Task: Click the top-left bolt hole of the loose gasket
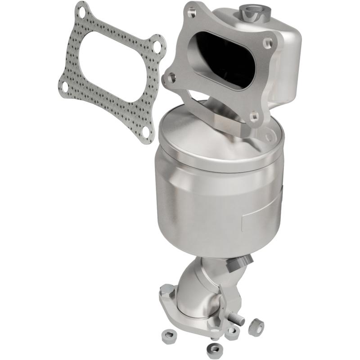[x=81, y=10]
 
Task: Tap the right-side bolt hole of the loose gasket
[x=156, y=46]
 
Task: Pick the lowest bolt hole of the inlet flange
[x=255, y=116]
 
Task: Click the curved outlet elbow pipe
[x=198, y=288]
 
